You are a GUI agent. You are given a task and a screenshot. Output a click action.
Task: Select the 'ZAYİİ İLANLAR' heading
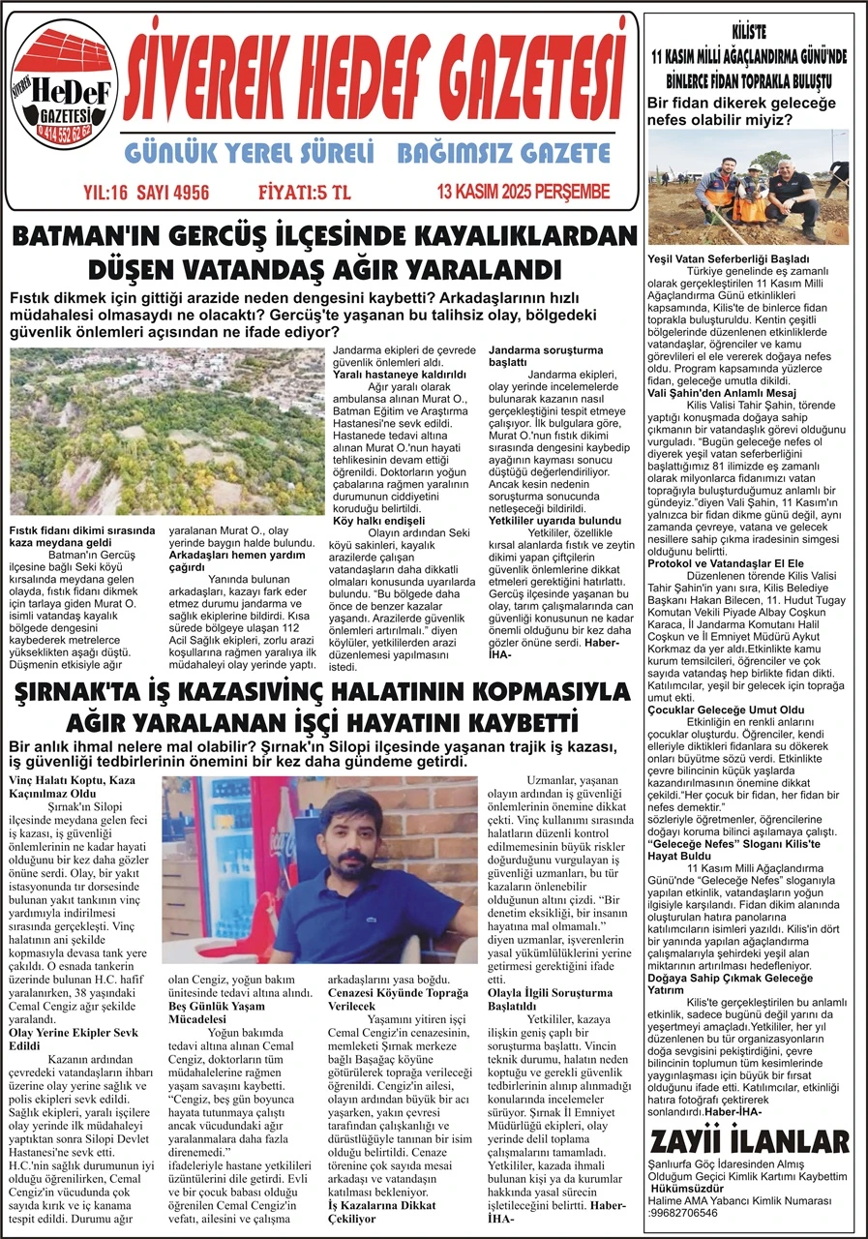pyautogui.click(x=750, y=1140)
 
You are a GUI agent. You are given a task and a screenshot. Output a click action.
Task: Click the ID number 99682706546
pyautogui.click(x=683, y=1212)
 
